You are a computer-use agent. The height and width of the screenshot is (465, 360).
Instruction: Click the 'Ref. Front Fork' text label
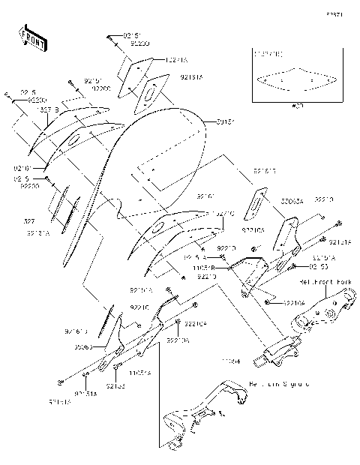pos(325,282)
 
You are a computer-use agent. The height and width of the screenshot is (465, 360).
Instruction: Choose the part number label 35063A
pos(292,201)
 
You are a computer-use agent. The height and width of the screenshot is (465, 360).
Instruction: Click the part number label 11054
pos(229,361)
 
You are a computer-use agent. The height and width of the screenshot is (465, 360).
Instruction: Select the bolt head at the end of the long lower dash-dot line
pos(59,379)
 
